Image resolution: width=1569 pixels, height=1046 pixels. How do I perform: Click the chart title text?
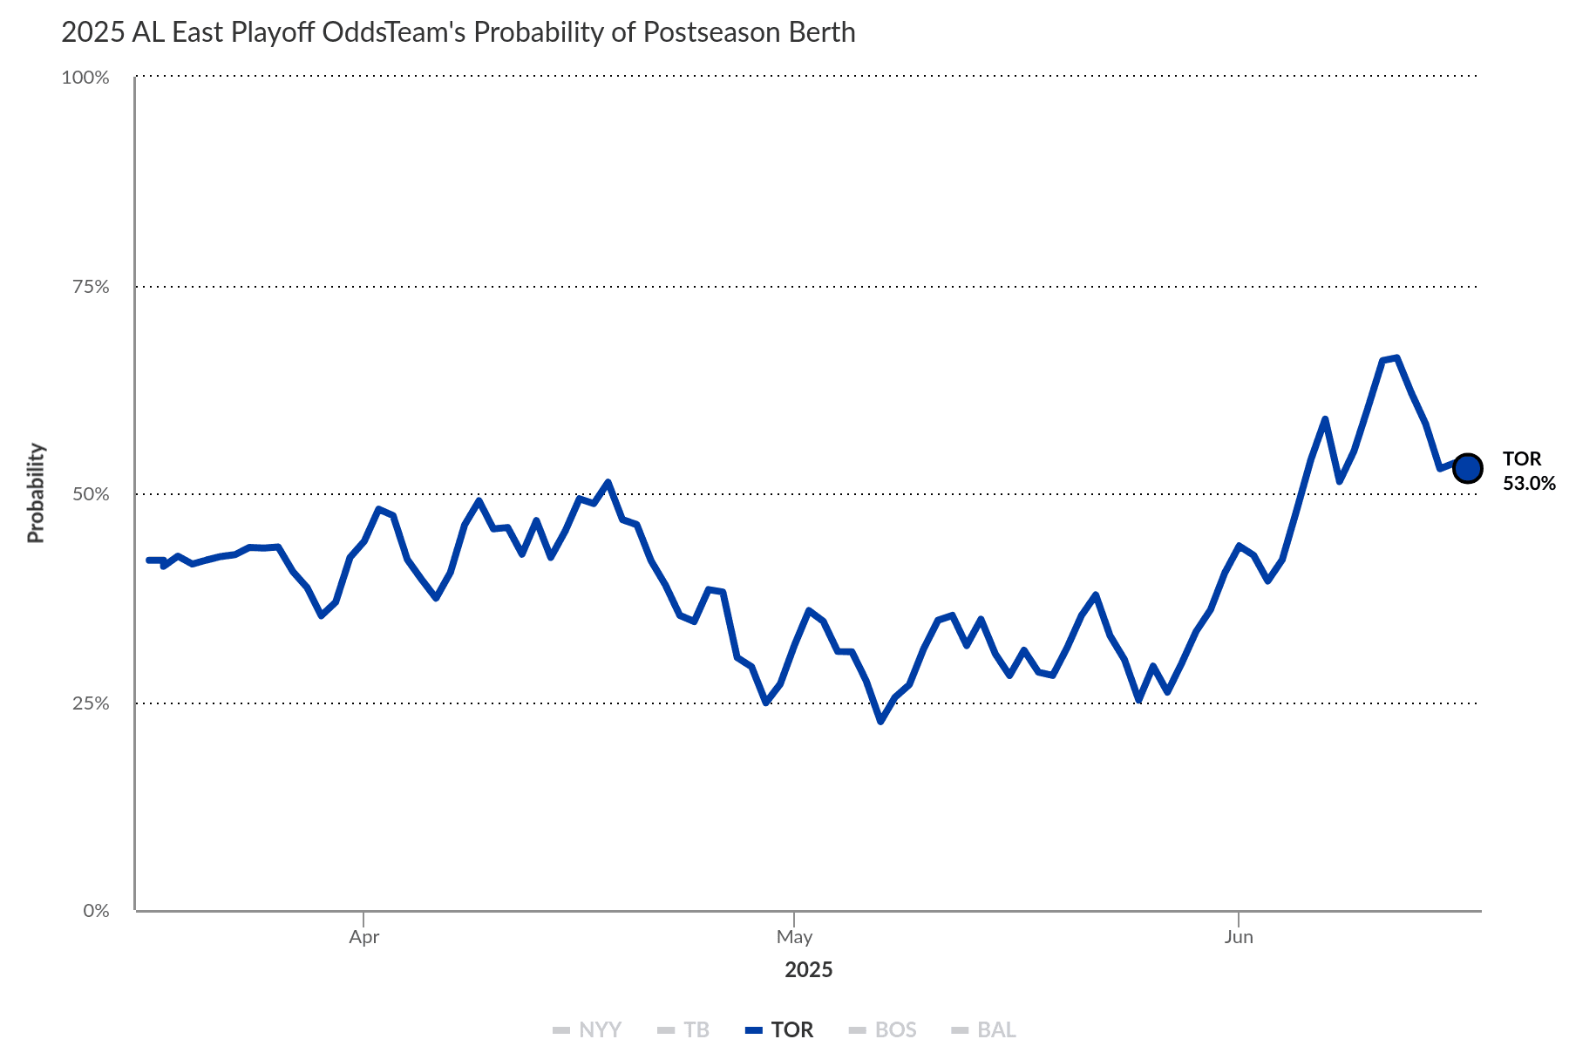[x=458, y=32]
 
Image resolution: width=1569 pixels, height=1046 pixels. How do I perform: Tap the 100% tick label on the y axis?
[x=85, y=78]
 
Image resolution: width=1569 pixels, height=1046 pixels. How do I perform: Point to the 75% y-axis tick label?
[x=91, y=287]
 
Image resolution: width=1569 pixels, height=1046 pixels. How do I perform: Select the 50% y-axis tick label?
[x=91, y=494]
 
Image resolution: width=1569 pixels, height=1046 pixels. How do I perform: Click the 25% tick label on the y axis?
[x=91, y=703]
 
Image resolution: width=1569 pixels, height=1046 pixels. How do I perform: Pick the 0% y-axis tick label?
[x=96, y=911]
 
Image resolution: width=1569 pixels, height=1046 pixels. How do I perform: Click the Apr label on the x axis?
[x=363, y=937]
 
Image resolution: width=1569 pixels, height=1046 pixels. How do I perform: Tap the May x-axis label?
[x=794, y=937]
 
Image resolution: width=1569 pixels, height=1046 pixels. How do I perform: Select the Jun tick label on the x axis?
[x=1238, y=937]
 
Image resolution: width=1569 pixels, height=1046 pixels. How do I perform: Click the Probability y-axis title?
[x=36, y=493]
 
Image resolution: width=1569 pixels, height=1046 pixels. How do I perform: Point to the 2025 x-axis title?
[x=808, y=970]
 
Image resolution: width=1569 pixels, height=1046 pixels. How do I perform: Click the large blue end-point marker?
[x=1468, y=468]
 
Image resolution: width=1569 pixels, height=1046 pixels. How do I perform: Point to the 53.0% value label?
[x=1529, y=483]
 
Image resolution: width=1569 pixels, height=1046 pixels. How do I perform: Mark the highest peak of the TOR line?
[x=1396, y=357]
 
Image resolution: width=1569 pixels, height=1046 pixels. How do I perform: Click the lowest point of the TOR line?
[x=880, y=722]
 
